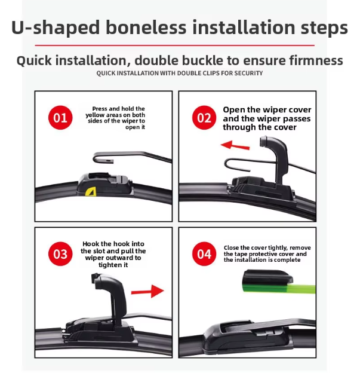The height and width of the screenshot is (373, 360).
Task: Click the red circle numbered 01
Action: tap(60, 118)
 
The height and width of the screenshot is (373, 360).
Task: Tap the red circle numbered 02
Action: tap(204, 118)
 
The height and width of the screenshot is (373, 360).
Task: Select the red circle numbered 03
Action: tap(60, 253)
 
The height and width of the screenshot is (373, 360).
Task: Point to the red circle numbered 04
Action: tap(204, 253)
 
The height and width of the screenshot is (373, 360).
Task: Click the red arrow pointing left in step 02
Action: tap(235, 145)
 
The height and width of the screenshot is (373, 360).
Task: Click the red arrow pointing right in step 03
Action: tap(147, 291)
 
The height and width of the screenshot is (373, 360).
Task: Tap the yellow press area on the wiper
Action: tap(91, 192)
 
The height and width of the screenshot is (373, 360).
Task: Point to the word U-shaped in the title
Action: tap(56, 27)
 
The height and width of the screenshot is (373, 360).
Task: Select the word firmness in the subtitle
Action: tap(316, 60)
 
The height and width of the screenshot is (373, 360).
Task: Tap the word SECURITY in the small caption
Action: tap(248, 74)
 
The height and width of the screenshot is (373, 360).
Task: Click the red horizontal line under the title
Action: tap(175, 45)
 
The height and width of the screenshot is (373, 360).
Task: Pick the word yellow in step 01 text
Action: tap(93, 115)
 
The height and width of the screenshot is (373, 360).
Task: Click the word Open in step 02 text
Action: tap(233, 110)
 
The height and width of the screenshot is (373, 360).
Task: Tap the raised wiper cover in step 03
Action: tap(110, 295)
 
